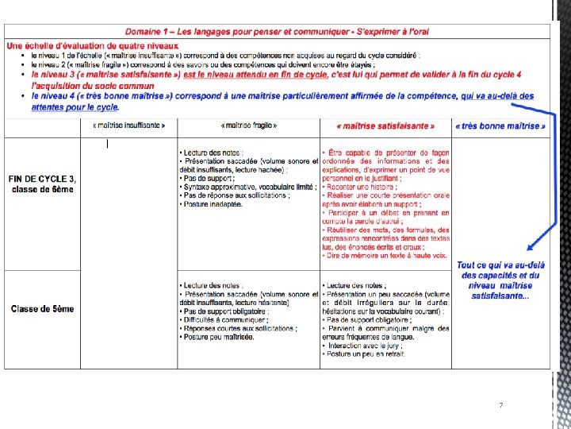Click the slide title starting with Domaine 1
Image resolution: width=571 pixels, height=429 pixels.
tap(278, 31)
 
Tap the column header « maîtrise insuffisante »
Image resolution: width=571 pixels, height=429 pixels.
tap(128, 126)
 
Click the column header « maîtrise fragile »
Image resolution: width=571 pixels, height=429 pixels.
tap(248, 126)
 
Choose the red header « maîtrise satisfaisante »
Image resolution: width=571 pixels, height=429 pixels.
tap(385, 126)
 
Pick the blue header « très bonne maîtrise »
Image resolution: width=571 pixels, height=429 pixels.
tap(500, 126)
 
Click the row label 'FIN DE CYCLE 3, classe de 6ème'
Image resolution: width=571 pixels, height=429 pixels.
tap(41, 184)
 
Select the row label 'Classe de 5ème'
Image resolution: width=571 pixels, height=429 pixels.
tap(42, 308)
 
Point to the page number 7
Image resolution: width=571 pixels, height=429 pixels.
tap(501, 406)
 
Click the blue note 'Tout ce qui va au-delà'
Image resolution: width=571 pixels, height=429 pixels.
tap(501, 265)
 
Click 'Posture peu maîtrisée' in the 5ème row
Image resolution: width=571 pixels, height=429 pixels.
tap(217, 337)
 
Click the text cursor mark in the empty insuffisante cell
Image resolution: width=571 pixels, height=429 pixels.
tap(107, 144)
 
